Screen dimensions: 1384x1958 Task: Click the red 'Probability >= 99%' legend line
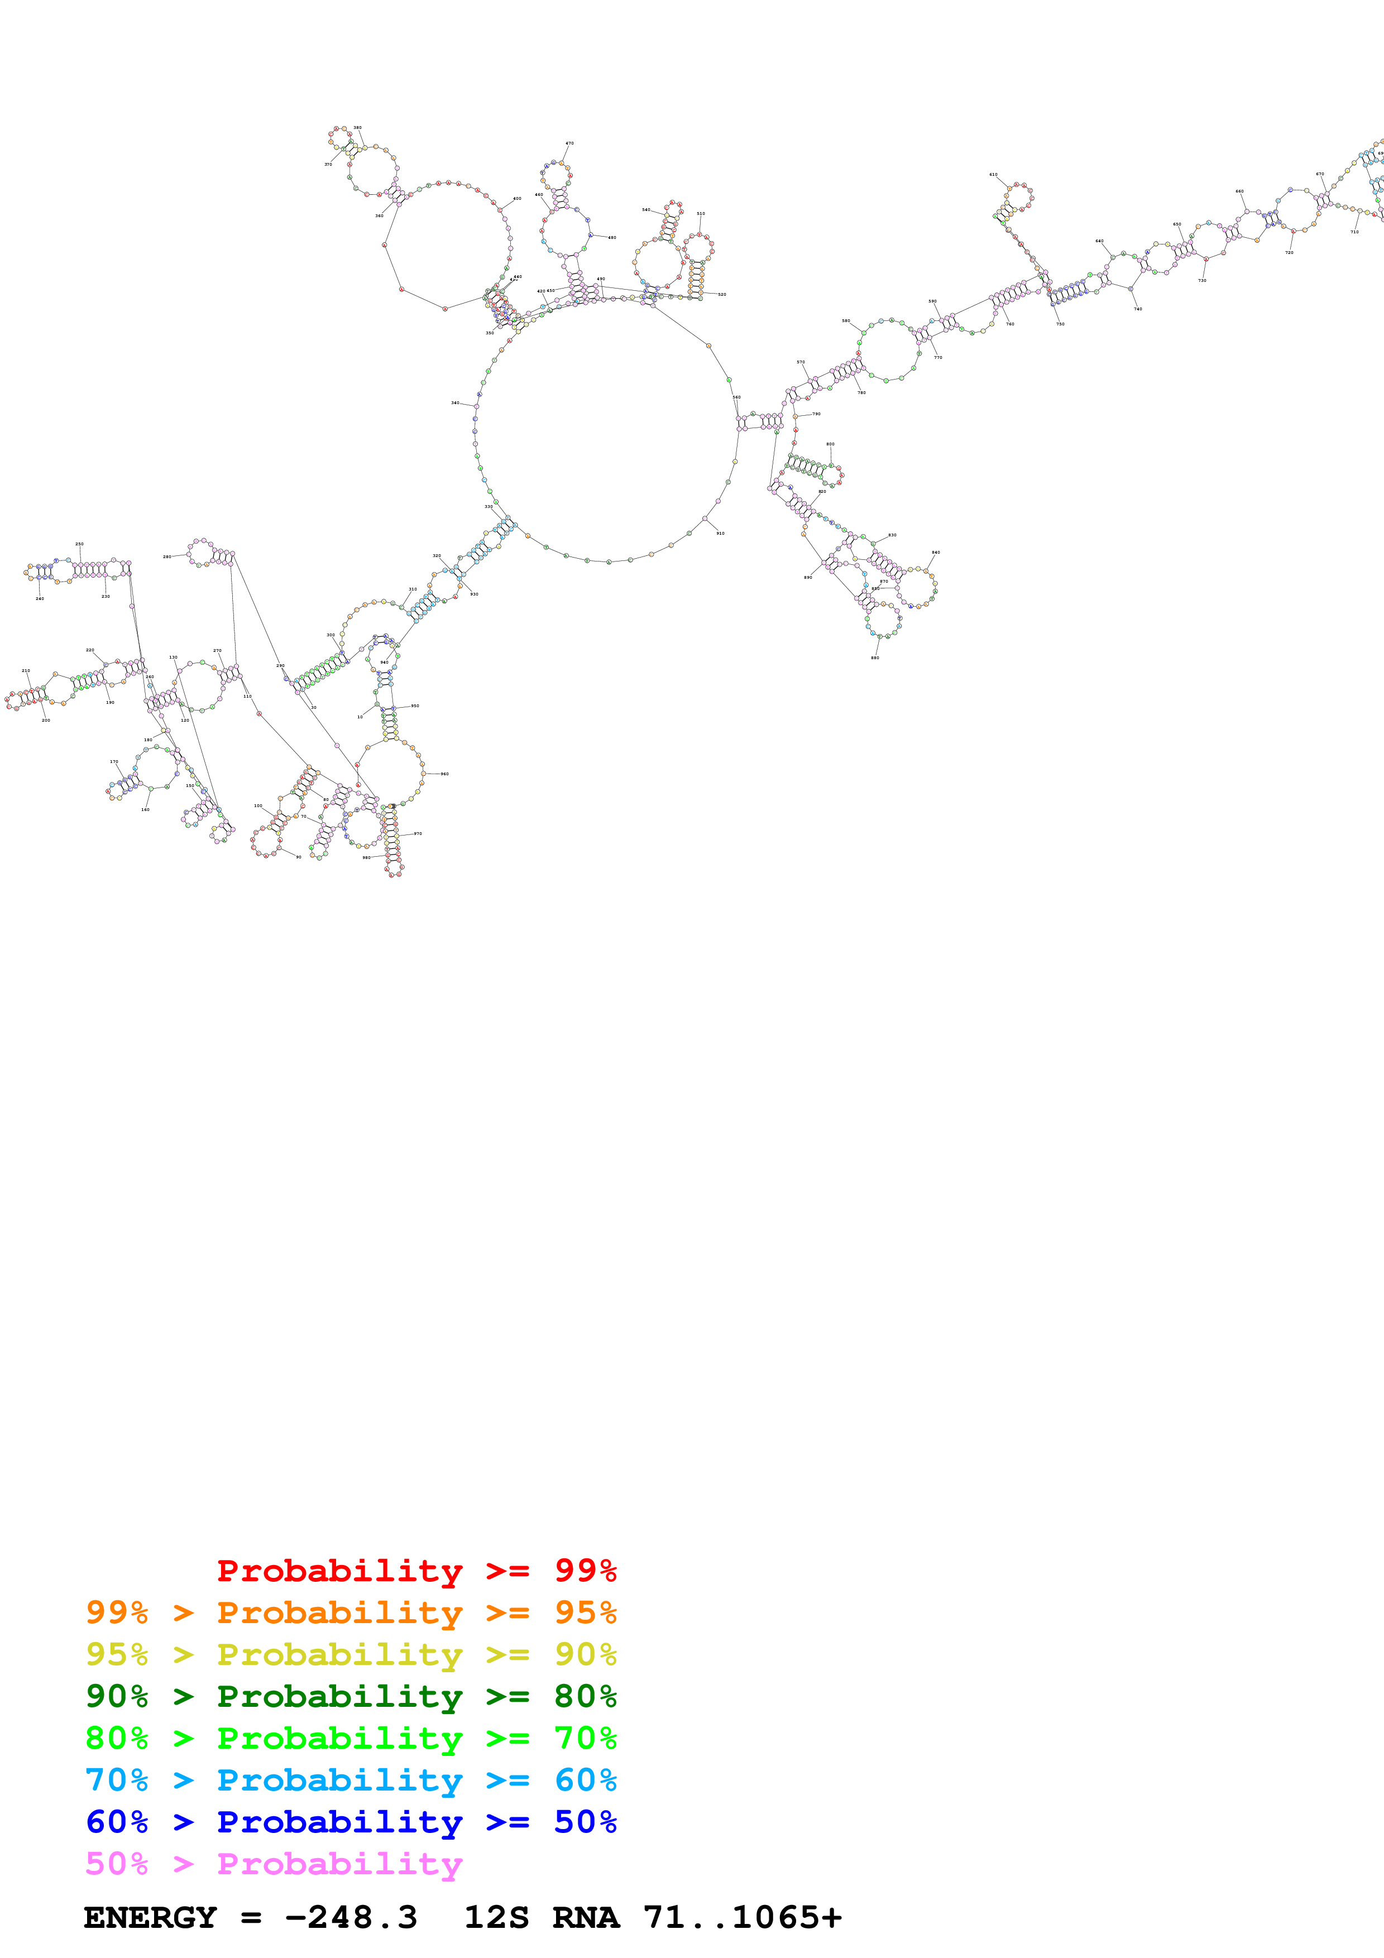pos(416,1571)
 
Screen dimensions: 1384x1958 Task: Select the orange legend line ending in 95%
pos(351,1613)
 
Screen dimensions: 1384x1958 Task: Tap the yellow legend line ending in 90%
pos(351,1654)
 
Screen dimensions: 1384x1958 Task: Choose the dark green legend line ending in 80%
pos(351,1696)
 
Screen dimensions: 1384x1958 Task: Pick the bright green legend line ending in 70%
pos(351,1738)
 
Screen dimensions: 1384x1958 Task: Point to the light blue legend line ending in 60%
pos(351,1780)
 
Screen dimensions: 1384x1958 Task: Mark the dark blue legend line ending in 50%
pos(351,1822)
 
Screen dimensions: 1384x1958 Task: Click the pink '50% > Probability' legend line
pos(273,1863)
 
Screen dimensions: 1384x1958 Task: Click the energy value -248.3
pos(351,1917)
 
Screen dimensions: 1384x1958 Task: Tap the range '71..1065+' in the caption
pos(742,1917)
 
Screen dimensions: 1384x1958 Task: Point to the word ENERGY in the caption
pos(150,1917)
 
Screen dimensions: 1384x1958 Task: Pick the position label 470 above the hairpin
pos(569,143)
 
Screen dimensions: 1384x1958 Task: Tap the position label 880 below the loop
pos(875,658)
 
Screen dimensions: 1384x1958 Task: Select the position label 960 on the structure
pos(444,774)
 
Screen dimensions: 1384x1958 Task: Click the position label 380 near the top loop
pos(357,128)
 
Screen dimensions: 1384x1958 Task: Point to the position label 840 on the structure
pos(936,553)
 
